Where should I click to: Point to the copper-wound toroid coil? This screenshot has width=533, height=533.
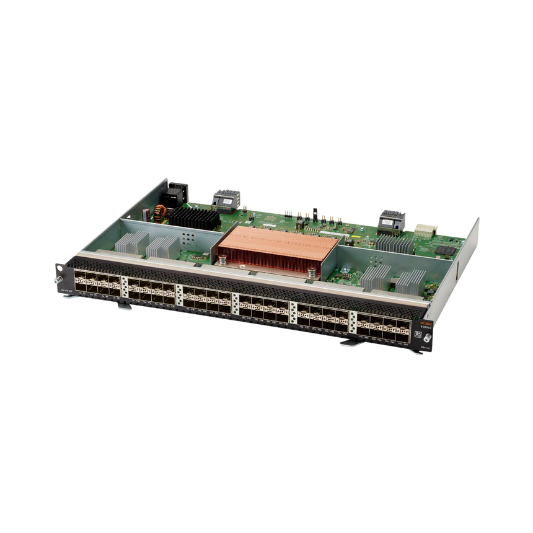pos(161,213)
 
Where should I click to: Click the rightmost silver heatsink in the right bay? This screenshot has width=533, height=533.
pos(410,280)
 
